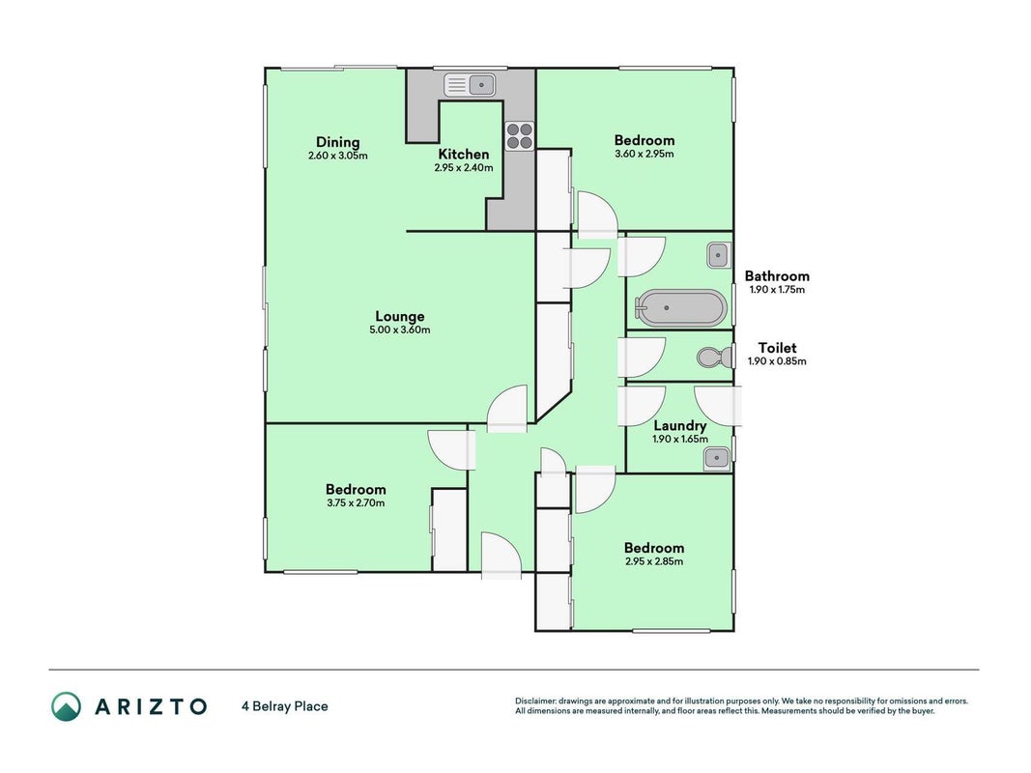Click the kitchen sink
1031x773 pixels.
coord(470,85)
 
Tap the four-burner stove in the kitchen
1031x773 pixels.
coord(520,136)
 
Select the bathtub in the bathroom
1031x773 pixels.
coord(680,307)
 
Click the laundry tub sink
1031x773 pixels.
coord(716,458)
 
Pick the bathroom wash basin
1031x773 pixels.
coord(719,255)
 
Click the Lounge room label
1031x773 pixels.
coord(400,316)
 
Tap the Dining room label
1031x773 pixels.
coord(338,142)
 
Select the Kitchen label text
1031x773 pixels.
coord(464,154)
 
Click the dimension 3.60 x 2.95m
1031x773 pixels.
coord(644,154)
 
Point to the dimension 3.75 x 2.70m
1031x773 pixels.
coord(356,502)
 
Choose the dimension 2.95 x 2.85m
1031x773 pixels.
coord(654,561)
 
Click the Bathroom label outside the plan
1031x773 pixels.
coord(777,276)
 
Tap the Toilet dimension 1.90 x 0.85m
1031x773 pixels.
coord(777,360)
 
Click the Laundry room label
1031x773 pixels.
coord(680,426)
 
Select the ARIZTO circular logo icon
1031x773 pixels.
coord(67,706)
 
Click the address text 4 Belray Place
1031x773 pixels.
coord(285,706)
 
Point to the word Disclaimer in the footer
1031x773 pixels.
coord(536,701)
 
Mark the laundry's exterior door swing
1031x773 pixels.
coord(718,406)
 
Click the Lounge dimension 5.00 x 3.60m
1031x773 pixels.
coord(400,329)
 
